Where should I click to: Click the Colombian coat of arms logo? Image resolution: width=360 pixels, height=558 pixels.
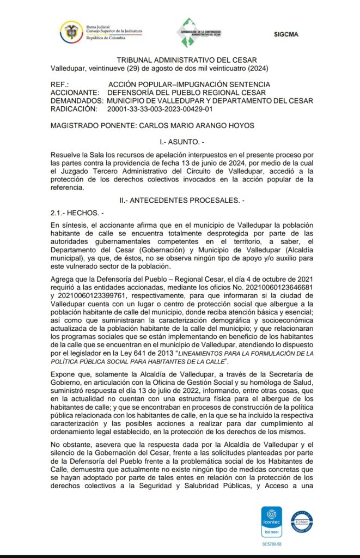tap(71, 31)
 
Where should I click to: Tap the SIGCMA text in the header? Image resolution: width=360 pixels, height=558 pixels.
tap(286, 34)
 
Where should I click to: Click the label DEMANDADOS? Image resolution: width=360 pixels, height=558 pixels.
tap(76, 101)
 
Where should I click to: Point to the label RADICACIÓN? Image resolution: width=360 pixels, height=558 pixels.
tap(74, 109)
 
